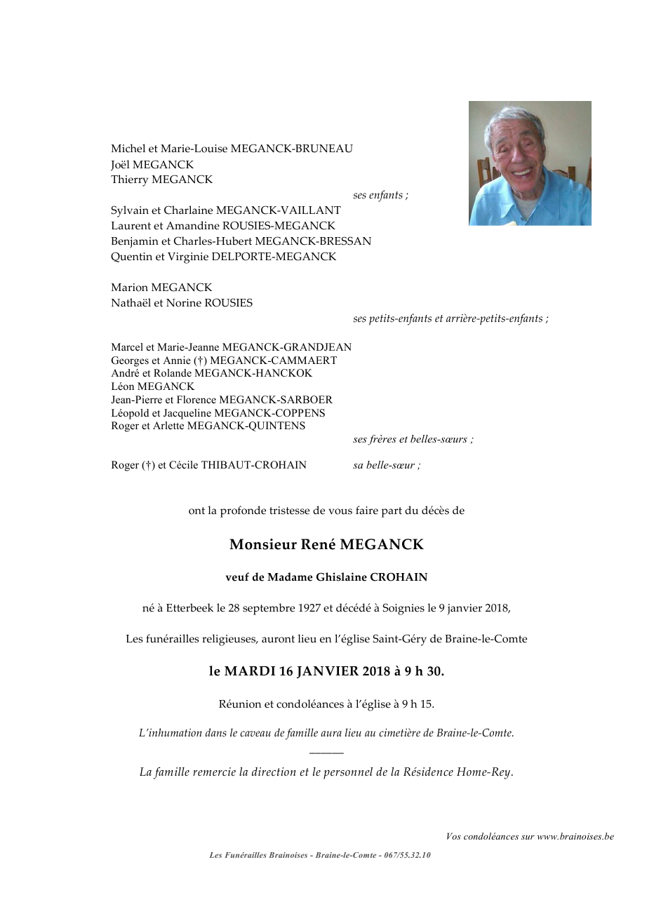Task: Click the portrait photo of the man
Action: coord(530,163)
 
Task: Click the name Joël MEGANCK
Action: coord(152,164)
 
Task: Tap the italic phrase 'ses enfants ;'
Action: coord(380,195)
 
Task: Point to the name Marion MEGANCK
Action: coord(161,288)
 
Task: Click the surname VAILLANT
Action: coord(311,210)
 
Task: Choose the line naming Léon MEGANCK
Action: coord(152,386)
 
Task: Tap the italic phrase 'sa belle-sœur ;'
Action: coord(387,465)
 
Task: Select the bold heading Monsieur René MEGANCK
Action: coord(326,544)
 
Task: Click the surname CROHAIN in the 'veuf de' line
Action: coord(399,577)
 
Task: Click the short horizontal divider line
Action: coord(326,753)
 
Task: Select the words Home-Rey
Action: coord(484,772)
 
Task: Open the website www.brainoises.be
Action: coord(575,836)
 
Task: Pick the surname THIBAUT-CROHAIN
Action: coord(254,465)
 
